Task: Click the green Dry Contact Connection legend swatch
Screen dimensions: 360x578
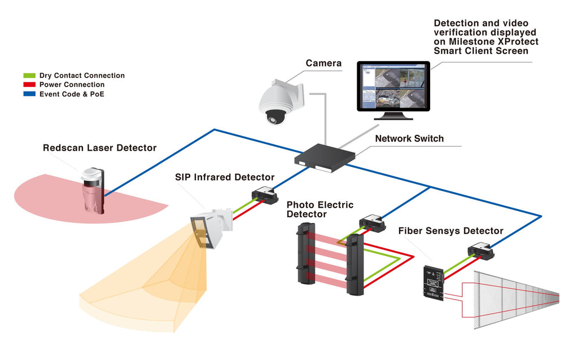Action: (x=29, y=76)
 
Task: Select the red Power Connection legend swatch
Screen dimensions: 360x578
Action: (x=29, y=85)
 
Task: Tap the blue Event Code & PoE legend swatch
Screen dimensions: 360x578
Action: (x=29, y=94)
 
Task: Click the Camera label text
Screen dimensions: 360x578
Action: (x=323, y=63)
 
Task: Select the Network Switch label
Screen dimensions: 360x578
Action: (x=409, y=138)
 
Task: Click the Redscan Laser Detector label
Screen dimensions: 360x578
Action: (x=99, y=148)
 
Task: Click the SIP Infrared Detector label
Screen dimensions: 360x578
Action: (x=225, y=177)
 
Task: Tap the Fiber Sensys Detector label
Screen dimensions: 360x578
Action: (x=450, y=231)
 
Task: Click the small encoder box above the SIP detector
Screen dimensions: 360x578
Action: (x=264, y=195)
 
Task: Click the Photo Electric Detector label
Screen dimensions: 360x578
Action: (x=319, y=209)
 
